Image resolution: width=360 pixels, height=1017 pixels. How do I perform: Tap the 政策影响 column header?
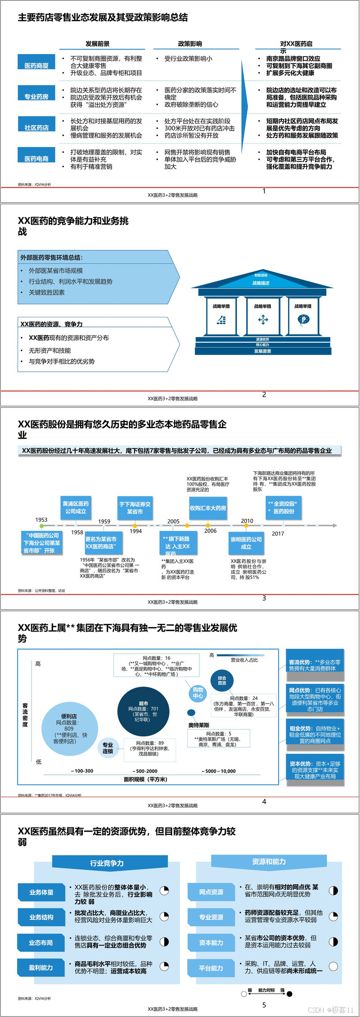pos(190,44)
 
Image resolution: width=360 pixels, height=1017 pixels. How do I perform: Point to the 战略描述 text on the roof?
pos(261,283)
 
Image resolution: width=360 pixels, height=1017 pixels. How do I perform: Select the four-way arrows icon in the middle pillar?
pos(263,320)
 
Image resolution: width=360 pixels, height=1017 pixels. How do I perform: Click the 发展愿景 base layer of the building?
pos(263,351)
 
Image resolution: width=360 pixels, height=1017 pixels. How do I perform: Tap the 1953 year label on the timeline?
pos(41,520)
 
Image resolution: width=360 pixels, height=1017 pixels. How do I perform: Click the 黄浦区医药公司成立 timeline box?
pos(76,507)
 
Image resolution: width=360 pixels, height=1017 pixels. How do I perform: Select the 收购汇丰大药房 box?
pos(208,508)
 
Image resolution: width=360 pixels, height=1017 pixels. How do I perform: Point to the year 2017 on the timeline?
pos(278,533)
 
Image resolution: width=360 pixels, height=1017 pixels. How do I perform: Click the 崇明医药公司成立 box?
pos(246,543)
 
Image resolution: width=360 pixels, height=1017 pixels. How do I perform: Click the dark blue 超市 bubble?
pos(144,711)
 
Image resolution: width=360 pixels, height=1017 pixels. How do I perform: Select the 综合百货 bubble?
pos(222,681)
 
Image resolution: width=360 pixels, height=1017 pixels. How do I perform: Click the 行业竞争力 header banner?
pos(107,863)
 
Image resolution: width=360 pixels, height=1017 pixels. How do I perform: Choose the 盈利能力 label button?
pos(41,967)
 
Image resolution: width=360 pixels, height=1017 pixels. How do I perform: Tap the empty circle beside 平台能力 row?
pos(333,966)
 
